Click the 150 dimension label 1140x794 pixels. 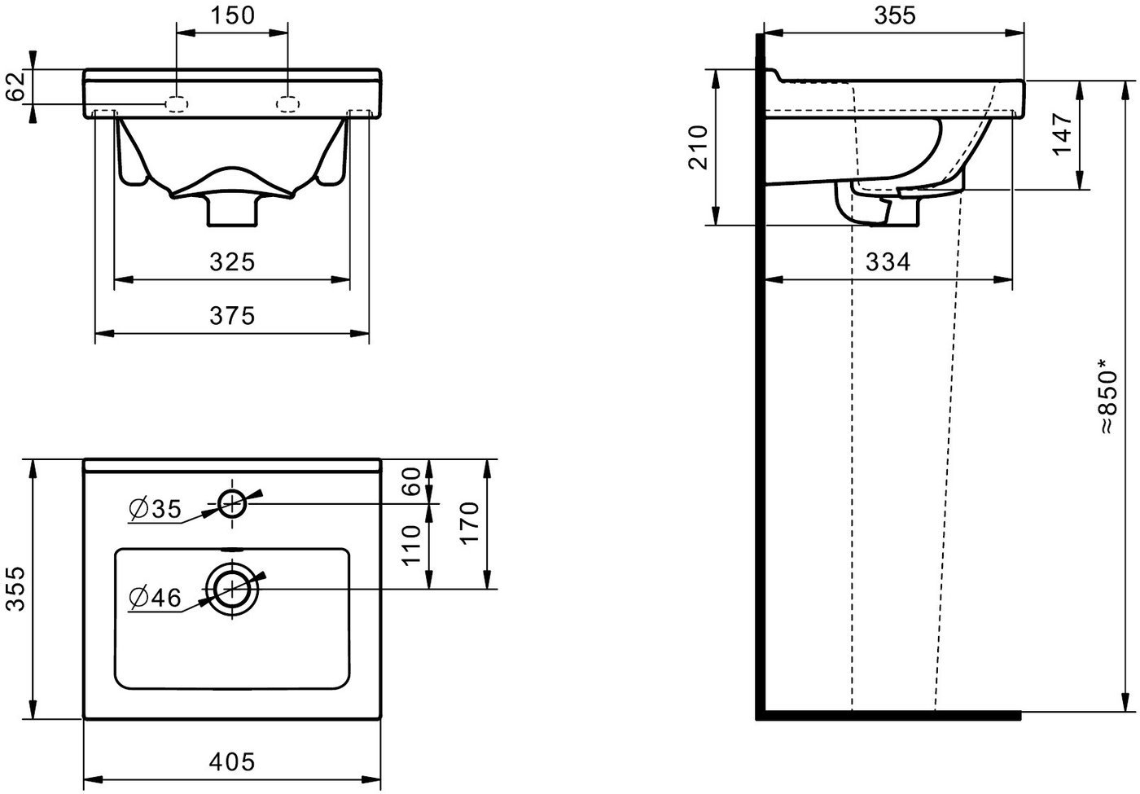232,15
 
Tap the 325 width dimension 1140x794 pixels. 232,262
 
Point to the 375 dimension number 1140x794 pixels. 232,316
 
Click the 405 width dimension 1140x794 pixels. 232,761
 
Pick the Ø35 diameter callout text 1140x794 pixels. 156,509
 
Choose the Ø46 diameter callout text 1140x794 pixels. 156,598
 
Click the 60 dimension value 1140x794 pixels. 411,481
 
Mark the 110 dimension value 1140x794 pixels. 411,545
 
